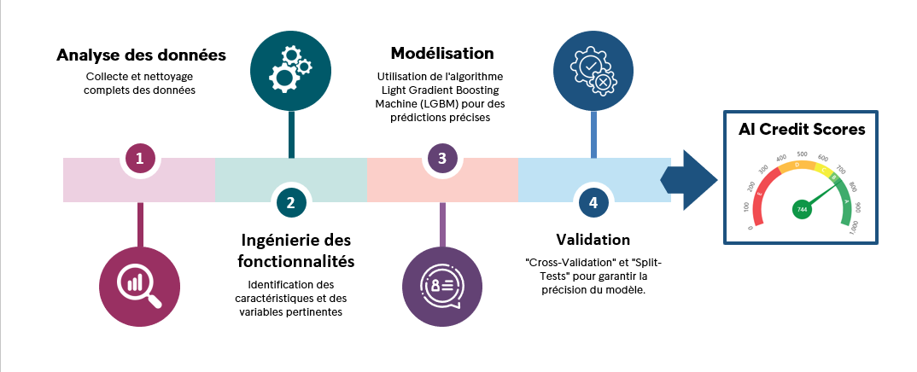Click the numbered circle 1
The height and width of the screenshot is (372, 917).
(139, 158)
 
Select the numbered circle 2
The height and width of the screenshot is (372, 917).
(290, 203)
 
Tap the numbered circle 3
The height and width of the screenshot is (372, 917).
(442, 158)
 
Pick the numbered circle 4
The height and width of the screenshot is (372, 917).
(593, 203)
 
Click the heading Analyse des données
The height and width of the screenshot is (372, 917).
(141, 55)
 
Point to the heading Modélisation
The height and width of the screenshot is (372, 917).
(442, 53)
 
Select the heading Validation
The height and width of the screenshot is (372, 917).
(593, 240)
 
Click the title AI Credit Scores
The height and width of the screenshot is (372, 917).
(801, 129)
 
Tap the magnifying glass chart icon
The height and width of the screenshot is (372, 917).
(140, 286)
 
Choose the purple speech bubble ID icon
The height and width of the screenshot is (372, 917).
(442, 286)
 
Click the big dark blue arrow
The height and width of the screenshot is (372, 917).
(690, 180)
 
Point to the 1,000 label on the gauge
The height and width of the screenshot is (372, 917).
(855, 227)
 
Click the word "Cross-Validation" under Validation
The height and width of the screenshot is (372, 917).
(564, 262)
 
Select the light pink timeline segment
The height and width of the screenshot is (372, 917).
(139, 180)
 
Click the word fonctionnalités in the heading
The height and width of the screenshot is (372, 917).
(296, 261)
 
